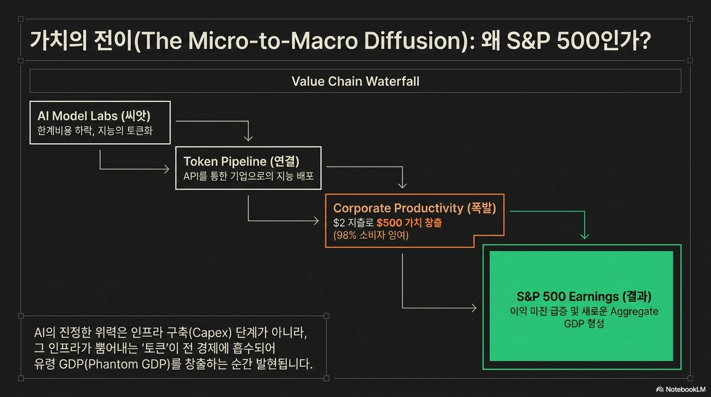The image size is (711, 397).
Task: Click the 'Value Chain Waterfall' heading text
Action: (355, 81)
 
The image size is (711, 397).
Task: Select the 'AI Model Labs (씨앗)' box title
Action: (94, 116)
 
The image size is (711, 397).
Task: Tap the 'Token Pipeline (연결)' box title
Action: (241, 161)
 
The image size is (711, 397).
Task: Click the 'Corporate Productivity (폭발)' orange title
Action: (414, 208)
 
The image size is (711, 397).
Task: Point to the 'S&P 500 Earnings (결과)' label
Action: (584, 296)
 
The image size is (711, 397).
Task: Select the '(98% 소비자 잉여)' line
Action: (370, 235)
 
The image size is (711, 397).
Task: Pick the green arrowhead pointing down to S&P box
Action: (584, 236)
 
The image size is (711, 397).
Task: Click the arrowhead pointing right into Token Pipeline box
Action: (166, 169)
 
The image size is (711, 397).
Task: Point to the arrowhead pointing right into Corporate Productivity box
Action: (316, 221)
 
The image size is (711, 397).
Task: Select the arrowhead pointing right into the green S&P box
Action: (474, 308)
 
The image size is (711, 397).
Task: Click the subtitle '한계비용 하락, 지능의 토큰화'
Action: (95, 131)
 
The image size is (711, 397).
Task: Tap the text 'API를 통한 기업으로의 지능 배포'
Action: (249, 176)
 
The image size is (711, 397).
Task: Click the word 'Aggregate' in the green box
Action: (634, 312)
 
